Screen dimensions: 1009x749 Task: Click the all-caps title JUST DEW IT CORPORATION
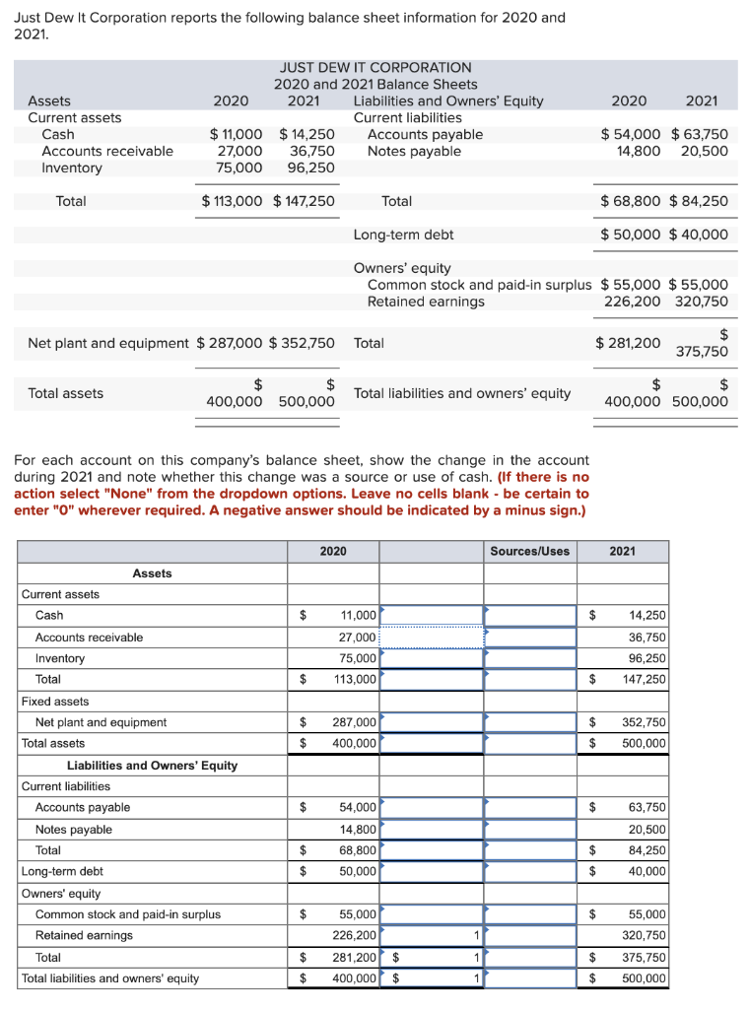[374, 67]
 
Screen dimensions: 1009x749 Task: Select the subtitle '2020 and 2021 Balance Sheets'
[374, 84]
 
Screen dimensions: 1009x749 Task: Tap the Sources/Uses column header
[529, 551]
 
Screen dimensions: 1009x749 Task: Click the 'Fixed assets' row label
[55, 701]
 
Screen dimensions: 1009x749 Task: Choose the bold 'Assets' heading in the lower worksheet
[152, 572]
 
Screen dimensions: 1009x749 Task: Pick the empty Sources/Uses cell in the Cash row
[529, 615]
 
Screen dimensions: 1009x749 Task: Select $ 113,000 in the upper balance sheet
[233, 201]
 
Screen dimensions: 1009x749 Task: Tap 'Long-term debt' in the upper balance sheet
[403, 235]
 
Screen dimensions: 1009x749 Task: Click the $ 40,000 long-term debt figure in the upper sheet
[699, 235]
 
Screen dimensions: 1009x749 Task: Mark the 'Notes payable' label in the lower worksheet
[73, 829]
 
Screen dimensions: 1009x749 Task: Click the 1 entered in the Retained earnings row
[476, 935]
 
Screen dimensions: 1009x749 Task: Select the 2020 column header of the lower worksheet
[333, 551]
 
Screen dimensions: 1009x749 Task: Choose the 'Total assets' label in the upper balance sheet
[65, 393]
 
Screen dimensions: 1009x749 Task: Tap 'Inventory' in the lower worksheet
[60, 658]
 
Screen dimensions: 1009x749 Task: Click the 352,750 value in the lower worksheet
[647, 722]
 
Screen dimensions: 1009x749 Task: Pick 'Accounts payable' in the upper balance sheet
[425, 134]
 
